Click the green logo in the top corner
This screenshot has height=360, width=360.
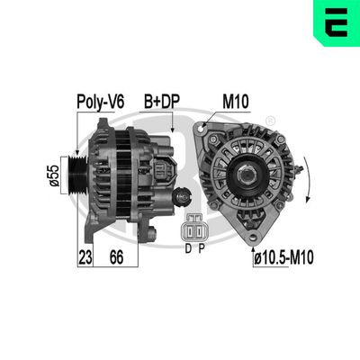[x=337, y=22]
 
